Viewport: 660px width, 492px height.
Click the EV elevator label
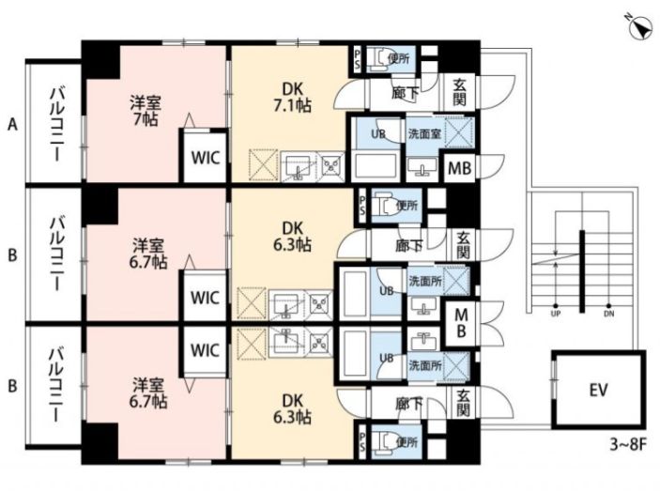[x=598, y=391]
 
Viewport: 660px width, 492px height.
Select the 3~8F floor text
[x=628, y=444]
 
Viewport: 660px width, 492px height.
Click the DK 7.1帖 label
[x=293, y=98]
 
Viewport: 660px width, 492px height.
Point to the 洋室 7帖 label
[x=146, y=111]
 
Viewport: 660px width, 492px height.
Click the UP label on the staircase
[x=556, y=314]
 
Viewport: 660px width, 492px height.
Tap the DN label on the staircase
[x=608, y=314]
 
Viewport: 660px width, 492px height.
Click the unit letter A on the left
[x=13, y=124]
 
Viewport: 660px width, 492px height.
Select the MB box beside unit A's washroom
[x=460, y=168]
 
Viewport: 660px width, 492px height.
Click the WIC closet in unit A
[x=206, y=158]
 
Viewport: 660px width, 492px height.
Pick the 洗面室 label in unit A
[x=424, y=134]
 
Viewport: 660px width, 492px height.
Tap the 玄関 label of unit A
[x=460, y=93]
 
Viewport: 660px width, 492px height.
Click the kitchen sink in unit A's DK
[x=299, y=167]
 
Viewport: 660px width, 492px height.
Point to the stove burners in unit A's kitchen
[x=332, y=166]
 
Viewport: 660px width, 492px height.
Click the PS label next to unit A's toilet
[x=358, y=59]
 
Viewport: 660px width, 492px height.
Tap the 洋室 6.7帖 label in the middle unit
[x=148, y=254]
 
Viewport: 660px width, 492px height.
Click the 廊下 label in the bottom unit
[x=409, y=404]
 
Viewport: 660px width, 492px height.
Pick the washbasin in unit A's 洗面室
[x=422, y=167]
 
